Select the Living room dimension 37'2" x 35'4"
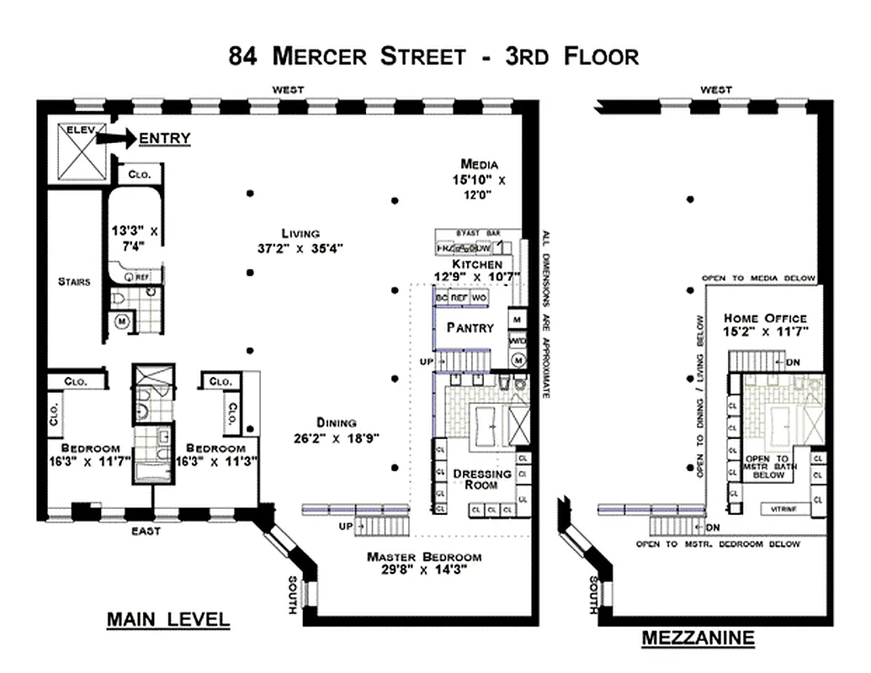300,247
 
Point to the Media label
480,164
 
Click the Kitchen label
476,264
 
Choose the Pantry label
470,327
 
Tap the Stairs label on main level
74,282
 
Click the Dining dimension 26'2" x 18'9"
337,437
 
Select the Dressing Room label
482,479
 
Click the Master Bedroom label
424,557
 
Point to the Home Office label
765,319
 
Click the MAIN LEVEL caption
167,620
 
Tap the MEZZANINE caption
698,638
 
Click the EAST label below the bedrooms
146,531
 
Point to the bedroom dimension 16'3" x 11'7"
84,461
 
